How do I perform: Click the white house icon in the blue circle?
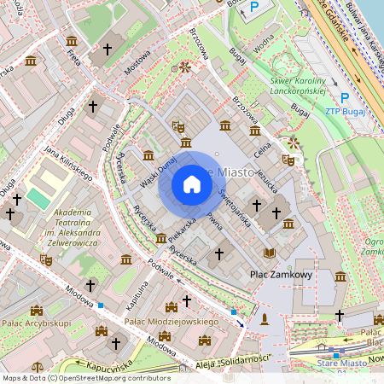coord(192,184)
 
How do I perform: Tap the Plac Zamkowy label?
coord(281,275)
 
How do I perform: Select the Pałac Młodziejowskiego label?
coord(167,322)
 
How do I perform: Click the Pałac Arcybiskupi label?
coord(38,323)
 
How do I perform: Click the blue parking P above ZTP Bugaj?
coord(345,98)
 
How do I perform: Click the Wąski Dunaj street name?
coord(158,171)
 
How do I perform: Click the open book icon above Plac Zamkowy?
coord(270,253)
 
